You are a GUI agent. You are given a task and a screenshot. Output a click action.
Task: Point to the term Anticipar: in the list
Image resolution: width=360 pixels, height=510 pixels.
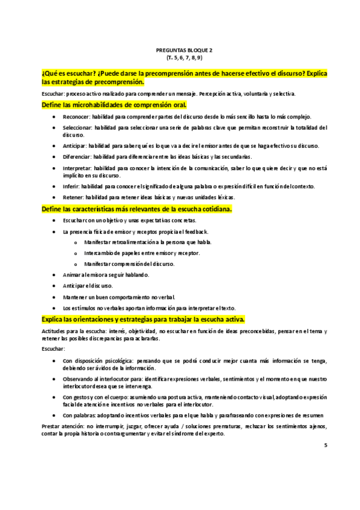(x=75, y=146)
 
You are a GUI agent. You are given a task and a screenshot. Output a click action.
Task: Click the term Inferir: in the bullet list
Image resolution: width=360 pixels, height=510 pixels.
(x=72, y=186)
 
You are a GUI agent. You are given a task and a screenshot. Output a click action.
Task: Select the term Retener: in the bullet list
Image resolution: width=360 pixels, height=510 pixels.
(x=74, y=197)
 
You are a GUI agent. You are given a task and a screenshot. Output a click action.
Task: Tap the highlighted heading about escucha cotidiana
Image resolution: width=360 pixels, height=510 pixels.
(x=136, y=209)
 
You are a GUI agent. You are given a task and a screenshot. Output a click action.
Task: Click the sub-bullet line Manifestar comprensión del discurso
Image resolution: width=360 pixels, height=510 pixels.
(x=129, y=264)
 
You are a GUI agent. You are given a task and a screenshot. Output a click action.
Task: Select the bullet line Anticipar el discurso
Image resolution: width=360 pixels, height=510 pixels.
(x=88, y=286)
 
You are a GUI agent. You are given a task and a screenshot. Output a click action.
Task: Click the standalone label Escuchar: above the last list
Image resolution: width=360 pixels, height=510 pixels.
(x=53, y=349)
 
